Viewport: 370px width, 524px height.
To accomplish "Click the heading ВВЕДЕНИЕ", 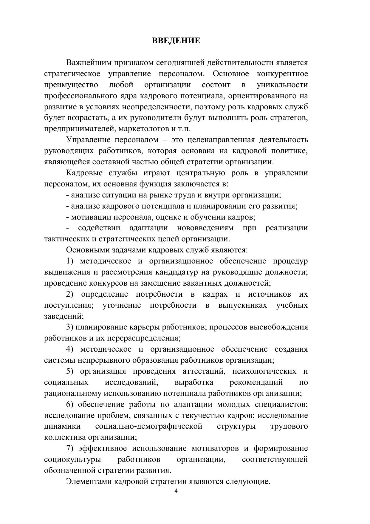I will [176, 41].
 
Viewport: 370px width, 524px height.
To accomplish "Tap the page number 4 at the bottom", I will [176, 491].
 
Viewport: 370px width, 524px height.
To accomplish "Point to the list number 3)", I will [70, 327].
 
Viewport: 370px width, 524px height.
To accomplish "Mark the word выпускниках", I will [242, 305].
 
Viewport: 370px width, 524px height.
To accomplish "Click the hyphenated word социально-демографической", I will [149, 427].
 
